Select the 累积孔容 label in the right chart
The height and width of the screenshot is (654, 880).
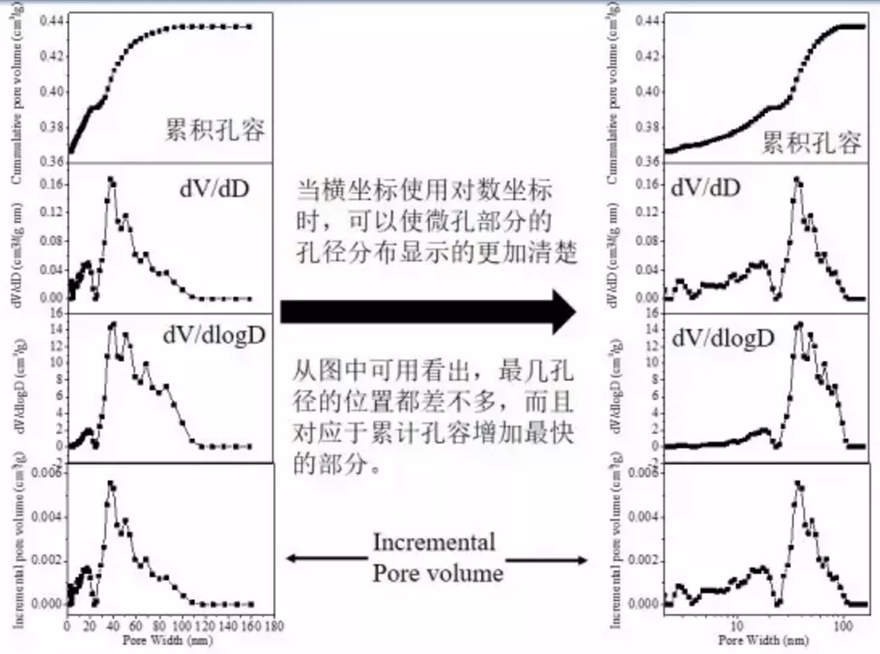pos(813,142)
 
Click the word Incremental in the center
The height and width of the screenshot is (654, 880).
pos(434,543)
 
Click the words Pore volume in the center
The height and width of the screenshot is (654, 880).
pos(438,573)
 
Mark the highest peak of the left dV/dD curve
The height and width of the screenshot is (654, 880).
pos(111,179)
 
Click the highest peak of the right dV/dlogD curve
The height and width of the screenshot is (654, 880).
pos(798,325)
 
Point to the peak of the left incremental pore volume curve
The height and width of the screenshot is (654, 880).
pos(111,484)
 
